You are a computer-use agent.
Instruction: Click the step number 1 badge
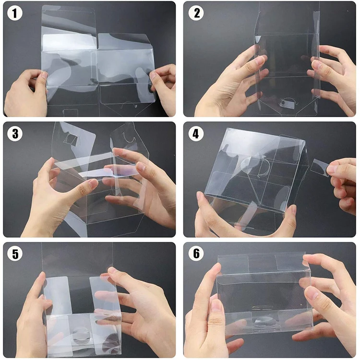pos(15,13)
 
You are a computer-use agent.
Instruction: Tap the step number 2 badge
pos(196,13)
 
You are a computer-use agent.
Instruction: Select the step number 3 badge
pos(15,133)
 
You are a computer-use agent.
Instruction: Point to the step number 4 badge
pos(196,133)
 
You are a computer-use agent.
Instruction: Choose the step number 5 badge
pos(15,254)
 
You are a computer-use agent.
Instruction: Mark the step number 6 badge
pos(196,254)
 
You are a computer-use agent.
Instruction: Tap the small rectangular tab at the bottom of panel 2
pos(288,105)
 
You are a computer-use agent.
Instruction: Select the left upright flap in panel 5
pos(58,295)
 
